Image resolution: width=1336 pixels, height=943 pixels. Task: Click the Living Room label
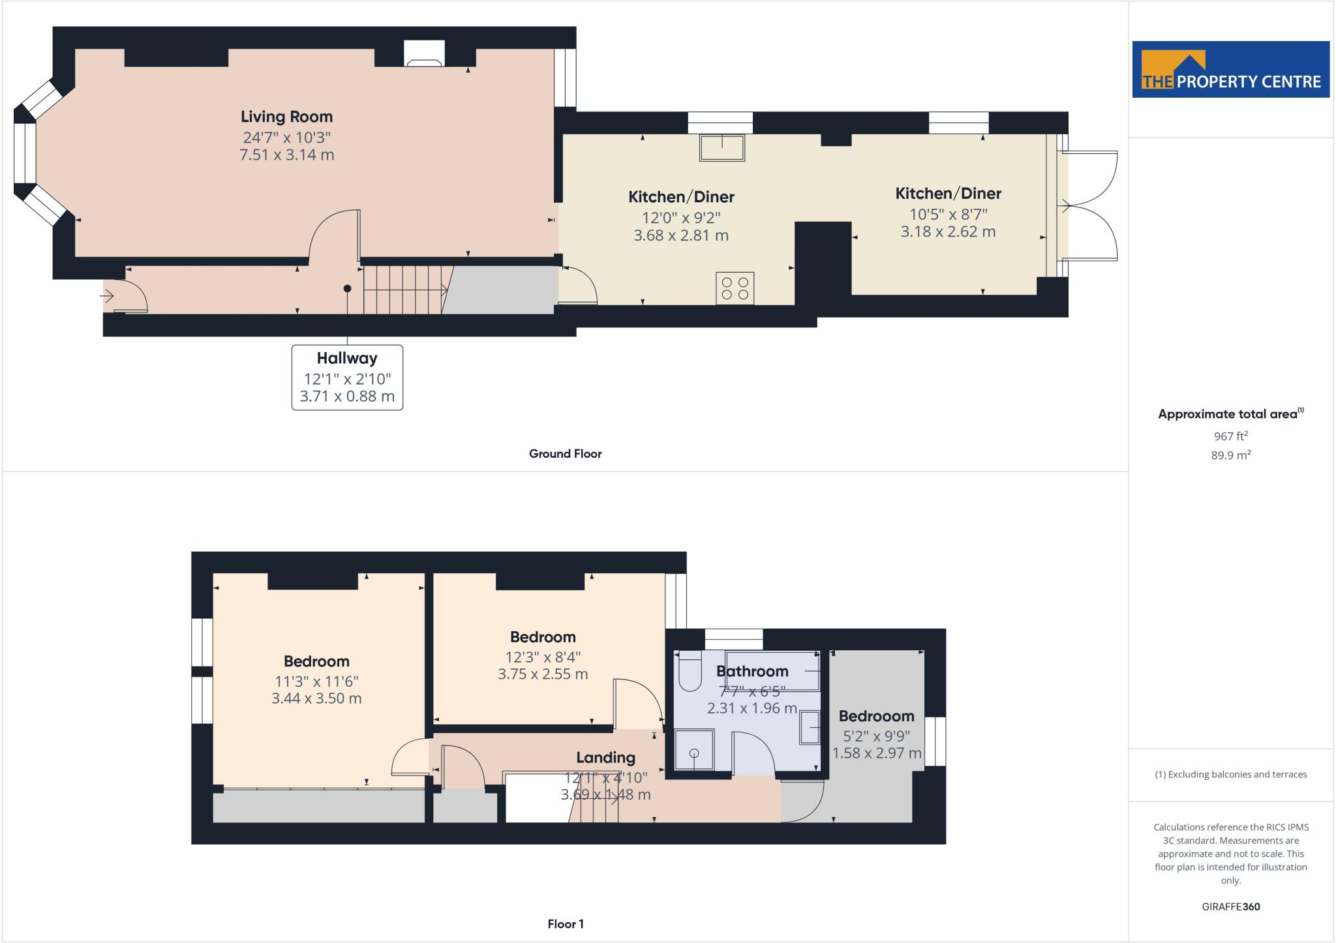coord(286,117)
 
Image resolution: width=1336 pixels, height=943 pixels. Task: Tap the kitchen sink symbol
coord(722,147)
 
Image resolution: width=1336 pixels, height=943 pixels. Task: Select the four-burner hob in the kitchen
coord(735,288)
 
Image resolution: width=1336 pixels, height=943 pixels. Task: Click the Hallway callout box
coord(347,377)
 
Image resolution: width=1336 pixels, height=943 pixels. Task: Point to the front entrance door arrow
coord(107,297)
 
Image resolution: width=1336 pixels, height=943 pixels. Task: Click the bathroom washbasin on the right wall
coord(811,727)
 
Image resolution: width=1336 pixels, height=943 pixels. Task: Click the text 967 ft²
coord(1230,436)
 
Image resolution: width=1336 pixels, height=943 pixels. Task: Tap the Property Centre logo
coord(1230,70)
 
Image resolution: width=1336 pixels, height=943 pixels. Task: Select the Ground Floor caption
coord(565,454)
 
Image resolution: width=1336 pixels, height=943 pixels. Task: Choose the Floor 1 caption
coord(565,924)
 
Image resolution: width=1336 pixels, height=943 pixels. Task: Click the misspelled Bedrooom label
coord(876,716)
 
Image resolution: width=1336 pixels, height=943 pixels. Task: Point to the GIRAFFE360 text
coord(1230,906)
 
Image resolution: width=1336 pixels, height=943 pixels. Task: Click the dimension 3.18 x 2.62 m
coord(948,232)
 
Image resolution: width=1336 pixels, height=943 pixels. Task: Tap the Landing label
coord(605,758)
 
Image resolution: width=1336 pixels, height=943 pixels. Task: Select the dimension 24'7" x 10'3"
coord(287,138)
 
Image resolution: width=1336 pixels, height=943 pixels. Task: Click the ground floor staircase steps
coord(403,290)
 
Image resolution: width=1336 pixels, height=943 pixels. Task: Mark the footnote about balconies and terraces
coord(1230,775)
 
